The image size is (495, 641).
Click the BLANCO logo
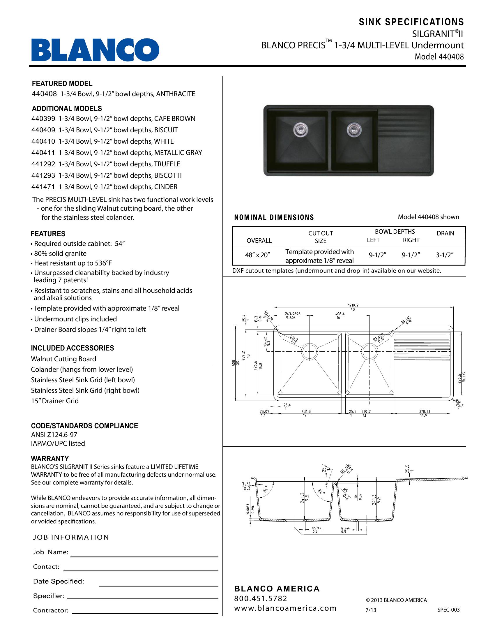(x=95, y=50)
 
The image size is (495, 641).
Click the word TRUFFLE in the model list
(x=167, y=164)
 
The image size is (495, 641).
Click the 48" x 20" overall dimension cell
(x=257, y=255)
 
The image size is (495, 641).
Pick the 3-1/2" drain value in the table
(x=445, y=255)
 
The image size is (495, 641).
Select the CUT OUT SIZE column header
(x=320, y=237)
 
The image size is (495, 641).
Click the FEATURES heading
(x=48, y=234)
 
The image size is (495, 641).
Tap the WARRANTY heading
(x=50, y=458)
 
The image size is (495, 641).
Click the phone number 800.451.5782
(x=260, y=598)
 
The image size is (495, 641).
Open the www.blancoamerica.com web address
(x=285, y=608)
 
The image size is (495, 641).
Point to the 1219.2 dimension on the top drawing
(x=353, y=305)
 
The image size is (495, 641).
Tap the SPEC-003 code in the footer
(x=448, y=610)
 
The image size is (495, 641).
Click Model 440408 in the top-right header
(x=439, y=57)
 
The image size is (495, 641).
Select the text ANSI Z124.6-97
(x=54, y=435)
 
